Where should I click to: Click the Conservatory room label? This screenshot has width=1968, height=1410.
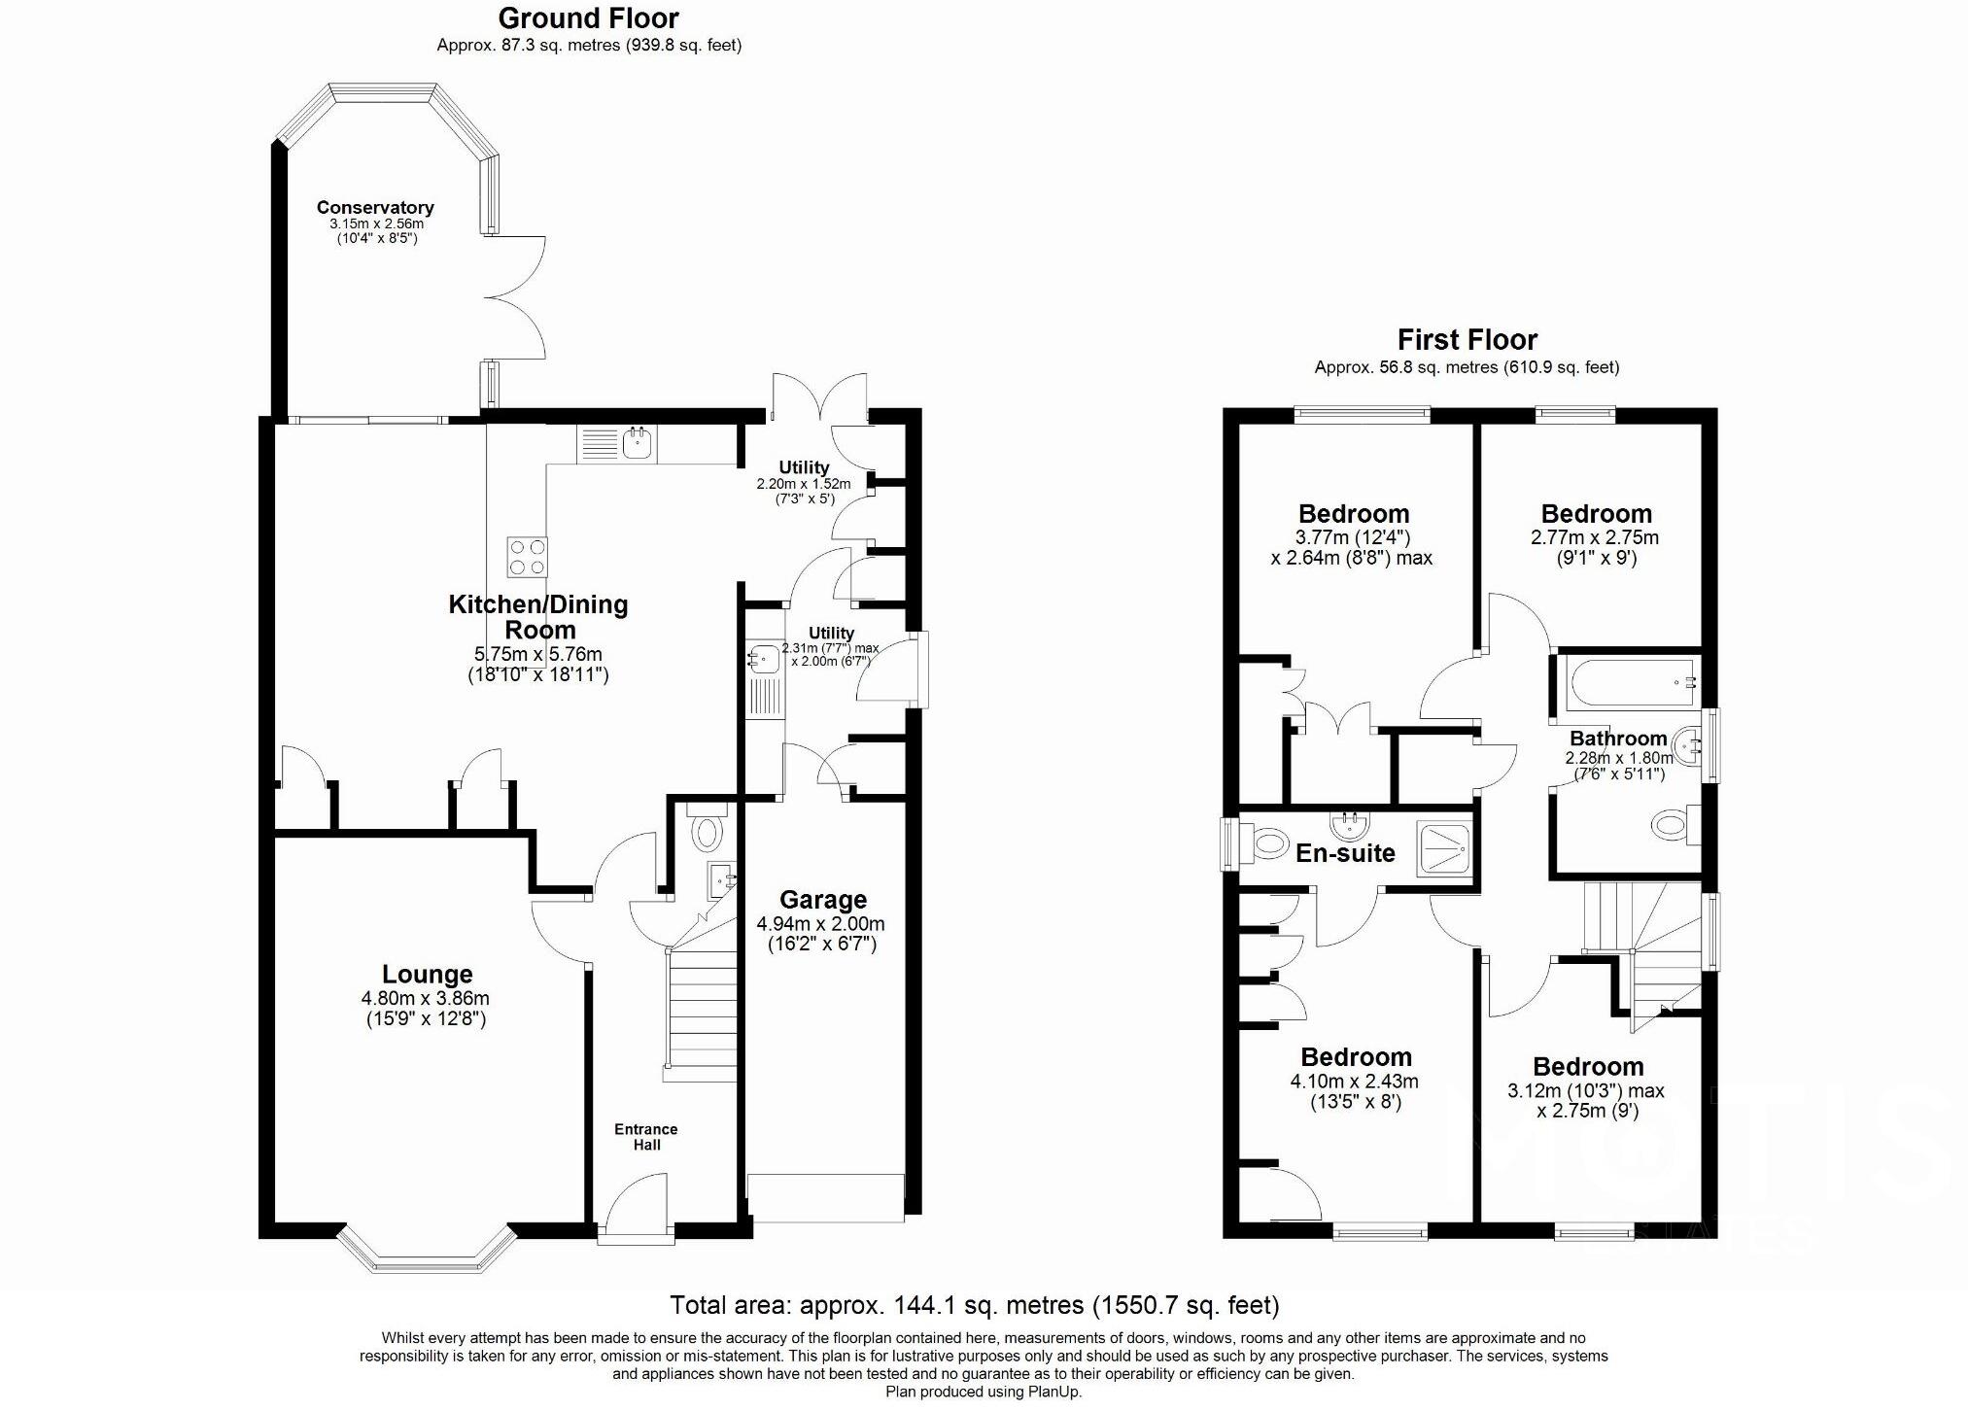(375, 207)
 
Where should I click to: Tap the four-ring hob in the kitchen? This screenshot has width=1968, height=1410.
(527, 557)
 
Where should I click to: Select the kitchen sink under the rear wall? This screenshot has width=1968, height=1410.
(638, 445)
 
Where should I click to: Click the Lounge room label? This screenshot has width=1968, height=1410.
(427, 974)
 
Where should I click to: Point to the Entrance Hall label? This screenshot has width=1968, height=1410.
(646, 1137)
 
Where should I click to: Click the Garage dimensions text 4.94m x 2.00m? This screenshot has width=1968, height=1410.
(821, 923)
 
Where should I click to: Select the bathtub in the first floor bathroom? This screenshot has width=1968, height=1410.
(1629, 682)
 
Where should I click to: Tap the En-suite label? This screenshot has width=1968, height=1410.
(1345, 853)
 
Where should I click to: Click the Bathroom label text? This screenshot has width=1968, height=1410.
(1618, 739)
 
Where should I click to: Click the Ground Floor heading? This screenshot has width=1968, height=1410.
(588, 17)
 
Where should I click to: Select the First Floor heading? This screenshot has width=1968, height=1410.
(1467, 339)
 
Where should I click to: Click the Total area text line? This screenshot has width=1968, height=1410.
(974, 1304)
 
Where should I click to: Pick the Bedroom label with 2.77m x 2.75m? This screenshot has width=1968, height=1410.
(1596, 513)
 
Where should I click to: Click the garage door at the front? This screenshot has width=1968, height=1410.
(825, 1199)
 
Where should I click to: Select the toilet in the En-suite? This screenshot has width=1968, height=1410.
(1266, 843)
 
